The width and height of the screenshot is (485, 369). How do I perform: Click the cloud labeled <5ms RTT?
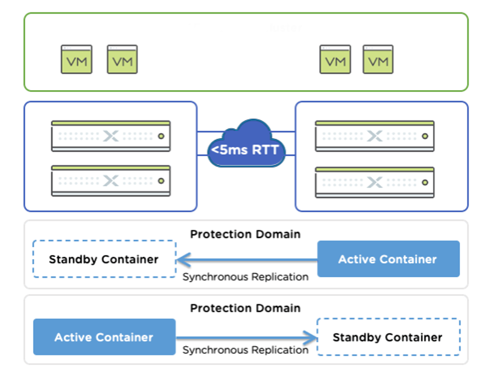pyautogui.click(x=246, y=146)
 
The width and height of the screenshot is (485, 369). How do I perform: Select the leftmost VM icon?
pyautogui.click(x=76, y=60)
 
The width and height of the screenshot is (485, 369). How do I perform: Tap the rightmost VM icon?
pyautogui.click(x=378, y=60)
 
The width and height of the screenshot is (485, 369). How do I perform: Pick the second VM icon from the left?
pyautogui.click(x=122, y=60)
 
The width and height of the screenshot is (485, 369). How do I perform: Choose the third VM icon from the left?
pyautogui.click(x=335, y=60)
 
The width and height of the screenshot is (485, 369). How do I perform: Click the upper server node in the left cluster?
pyautogui.click(x=111, y=136)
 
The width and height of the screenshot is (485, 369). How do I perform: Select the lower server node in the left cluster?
pyautogui.click(x=111, y=181)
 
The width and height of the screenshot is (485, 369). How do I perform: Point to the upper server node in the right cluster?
pyautogui.click(x=375, y=136)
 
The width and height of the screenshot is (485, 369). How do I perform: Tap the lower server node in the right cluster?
pyautogui.click(x=375, y=182)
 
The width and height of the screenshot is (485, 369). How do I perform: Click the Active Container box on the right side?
pyautogui.click(x=388, y=259)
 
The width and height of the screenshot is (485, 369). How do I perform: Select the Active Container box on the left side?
pyautogui.click(x=104, y=337)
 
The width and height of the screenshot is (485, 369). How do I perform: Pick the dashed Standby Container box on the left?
pyautogui.click(x=104, y=259)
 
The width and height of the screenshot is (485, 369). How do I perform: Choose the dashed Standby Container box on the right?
pyautogui.click(x=388, y=337)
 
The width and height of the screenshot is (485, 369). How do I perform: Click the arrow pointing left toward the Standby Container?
pyautogui.click(x=246, y=259)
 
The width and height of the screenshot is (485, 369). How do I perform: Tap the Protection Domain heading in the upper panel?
pyautogui.click(x=245, y=234)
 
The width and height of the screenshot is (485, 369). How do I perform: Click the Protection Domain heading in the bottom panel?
pyautogui.click(x=245, y=308)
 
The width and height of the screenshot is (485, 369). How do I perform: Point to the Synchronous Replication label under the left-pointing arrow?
pyautogui.click(x=245, y=277)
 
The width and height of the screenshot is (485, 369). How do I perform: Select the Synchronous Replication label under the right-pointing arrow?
pyautogui.click(x=245, y=350)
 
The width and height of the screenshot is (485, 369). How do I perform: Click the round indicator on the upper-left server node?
pyautogui.click(x=160, y=136)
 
